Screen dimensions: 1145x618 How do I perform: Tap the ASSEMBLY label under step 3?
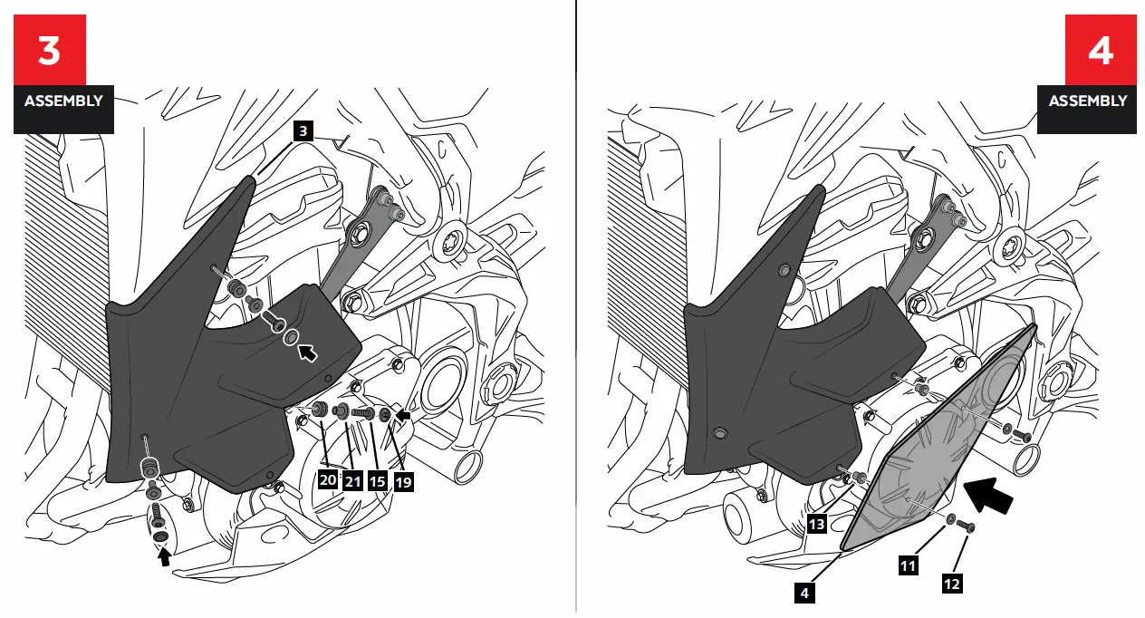(63, 101)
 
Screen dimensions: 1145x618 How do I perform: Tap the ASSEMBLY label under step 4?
(1088, 101)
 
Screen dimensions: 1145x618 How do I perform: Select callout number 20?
(327, 481)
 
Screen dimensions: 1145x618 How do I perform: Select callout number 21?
(351, 481)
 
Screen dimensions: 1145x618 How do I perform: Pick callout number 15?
(378, 481)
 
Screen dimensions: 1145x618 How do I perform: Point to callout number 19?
(403, 481)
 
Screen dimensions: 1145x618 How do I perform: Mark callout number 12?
(951, 584)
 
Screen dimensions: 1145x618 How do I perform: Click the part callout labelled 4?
(804, 594)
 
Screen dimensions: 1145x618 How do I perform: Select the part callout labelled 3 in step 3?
(303, 131)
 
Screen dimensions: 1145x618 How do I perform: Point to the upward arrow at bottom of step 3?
(164, 559)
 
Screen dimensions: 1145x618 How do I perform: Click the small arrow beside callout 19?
(403, 415)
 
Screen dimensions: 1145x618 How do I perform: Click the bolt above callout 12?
(967, 526)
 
